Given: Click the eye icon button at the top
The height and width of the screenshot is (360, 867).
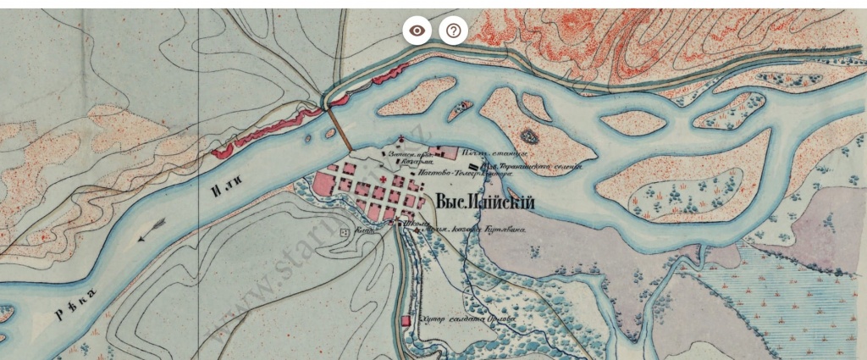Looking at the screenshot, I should click(x=417, y=31).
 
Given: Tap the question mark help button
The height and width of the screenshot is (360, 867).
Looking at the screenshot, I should click(x=454, y=31).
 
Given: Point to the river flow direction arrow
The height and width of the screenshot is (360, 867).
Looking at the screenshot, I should click(x=152, y=229).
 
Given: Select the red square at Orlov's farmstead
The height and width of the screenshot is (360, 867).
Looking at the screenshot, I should click(x=406, y=321).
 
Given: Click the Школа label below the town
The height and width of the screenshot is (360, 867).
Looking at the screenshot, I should click(x=414, y=225).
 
